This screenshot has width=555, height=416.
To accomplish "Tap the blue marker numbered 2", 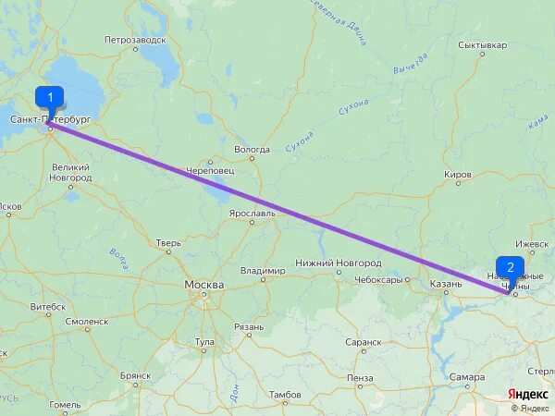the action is pyautogui.click(x=511, y=267).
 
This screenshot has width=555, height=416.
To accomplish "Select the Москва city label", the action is pyautogui.click(x=203, y=285).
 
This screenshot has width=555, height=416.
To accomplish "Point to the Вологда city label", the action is pyautogui.click(x=252, y=149).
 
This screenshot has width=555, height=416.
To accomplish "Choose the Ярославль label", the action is pyautogui.click(x=253, y=213).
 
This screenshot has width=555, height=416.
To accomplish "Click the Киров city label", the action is pyautogui.click(x=458, y=174).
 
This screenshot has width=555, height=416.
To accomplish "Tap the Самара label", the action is pyautogui.click(x=468, y=377).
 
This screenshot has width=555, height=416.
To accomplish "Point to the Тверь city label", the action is pyautogui.click(x=168, y=244).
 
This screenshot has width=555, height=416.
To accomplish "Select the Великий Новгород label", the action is pyautogui.click(x=70, y=172).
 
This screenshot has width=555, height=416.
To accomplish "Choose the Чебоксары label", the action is pyautogui.click(x=379, y=280).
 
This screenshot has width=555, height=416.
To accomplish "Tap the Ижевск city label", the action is pyautogui.click(x=532, y=243).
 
